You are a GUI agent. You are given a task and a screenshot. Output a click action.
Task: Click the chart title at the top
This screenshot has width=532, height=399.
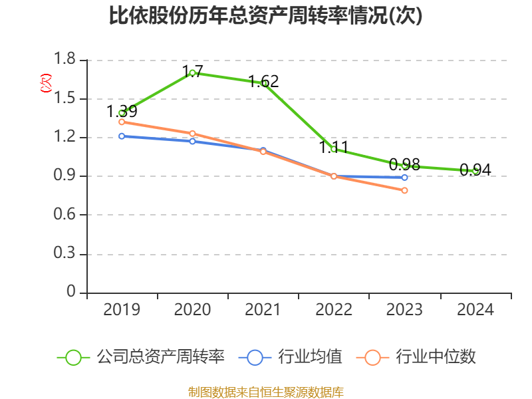pyautogui.click(x=266, y=16)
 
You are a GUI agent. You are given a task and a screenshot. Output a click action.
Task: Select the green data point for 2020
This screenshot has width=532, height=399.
pyautogui.click(x=192, y=72)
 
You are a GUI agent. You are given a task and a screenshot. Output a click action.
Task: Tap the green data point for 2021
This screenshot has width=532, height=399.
pyautogui.click(x=263, y=83)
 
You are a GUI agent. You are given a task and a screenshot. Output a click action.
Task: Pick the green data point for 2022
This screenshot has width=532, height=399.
pyautogui.click(x=334, y=149)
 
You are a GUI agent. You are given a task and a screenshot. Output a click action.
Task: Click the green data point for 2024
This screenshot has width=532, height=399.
pyautogui.click(x=475, y=171)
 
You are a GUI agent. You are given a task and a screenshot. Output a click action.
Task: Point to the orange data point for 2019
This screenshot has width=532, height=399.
pyautogui.click(x=122, y=122)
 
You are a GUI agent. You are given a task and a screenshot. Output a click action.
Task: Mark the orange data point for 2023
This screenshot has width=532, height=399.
pyautogui.click(x=404, y=190)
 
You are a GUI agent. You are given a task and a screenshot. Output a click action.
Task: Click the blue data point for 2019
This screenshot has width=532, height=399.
pyautogui.click(x=122, y=136)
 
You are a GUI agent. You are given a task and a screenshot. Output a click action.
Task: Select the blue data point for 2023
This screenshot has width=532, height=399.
pyautogui.click(x=404, y=177)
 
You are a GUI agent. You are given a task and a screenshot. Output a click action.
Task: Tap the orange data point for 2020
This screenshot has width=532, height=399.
pyautogui.click(x=192, y=134)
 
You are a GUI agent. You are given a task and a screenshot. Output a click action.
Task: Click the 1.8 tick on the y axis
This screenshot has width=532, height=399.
pyautogui.click(x=65, y=60)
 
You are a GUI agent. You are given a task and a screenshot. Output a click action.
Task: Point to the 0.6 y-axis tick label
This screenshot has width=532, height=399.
pyautogui.click(x=65, y=215)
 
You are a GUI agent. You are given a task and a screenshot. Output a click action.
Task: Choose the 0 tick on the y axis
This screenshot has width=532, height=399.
pyautogui.click(x=72, y=293)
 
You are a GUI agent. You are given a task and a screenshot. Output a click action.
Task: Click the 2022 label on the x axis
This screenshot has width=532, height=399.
pyautogui.click(x=334, y=310)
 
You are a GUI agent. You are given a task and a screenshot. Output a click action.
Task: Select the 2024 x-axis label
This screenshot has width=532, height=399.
pyautogui.click(x=475, y=310)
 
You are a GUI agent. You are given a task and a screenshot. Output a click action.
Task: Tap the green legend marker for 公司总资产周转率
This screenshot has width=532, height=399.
pyautogui.click(x=73, y=357)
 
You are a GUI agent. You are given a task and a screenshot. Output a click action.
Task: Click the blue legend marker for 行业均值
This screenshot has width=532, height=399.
pyautogui.click(x=255, y=357)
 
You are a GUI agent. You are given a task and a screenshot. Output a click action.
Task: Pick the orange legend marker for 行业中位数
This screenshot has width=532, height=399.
pyautogui.click(x=372, y=357)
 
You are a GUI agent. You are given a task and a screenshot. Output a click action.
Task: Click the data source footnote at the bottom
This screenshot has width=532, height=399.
pyautogui.click(x=266, y=392)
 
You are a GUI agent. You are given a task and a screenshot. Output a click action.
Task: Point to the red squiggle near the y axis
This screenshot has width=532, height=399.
pyautogui.click(x=45, y=82)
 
